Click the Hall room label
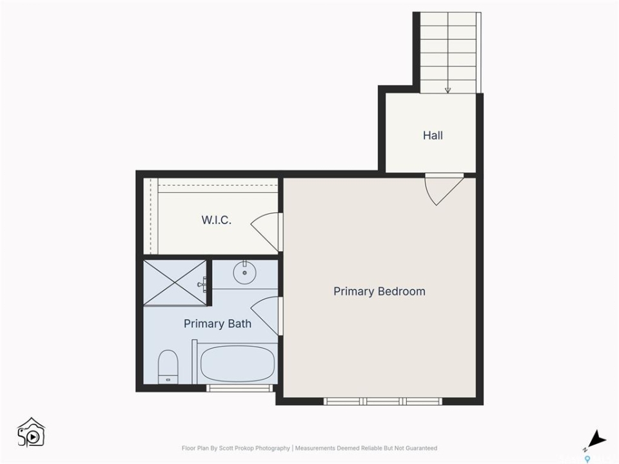(433, 136)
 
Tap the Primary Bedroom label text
(379, 291)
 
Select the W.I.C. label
(217, 220)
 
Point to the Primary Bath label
(217, 324)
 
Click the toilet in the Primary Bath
(168, 367)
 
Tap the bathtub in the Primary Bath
(238, 363)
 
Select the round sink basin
(245, 272)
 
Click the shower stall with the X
(175, 282)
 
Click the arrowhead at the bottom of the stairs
(447, 90)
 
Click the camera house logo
(31, 432)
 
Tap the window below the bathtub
(240, 388)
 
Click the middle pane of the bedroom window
(383, 401)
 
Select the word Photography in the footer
(272, 449)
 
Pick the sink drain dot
(245, 273)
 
